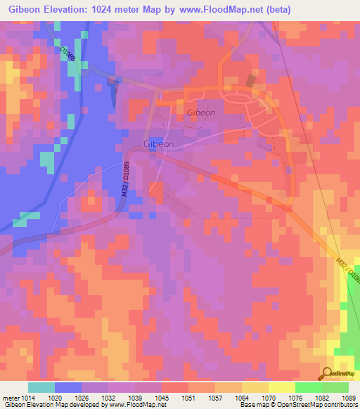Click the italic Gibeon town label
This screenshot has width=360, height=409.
(x=201, y=112)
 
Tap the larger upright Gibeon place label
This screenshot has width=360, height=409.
(x=159, y=144)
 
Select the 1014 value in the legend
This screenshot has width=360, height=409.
(x=25, y=397)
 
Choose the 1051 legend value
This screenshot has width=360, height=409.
(x=188, y=397)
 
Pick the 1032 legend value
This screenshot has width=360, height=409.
(x=108, y=397)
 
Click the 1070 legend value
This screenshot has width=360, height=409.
(x=269, y=397)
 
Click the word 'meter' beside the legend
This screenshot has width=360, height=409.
(x=9, y=397)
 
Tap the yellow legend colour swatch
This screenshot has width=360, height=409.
(x=282, y=387)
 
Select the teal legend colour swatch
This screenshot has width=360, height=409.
(x=41, y=387)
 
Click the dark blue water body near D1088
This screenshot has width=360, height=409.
(x=112, y=90)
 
